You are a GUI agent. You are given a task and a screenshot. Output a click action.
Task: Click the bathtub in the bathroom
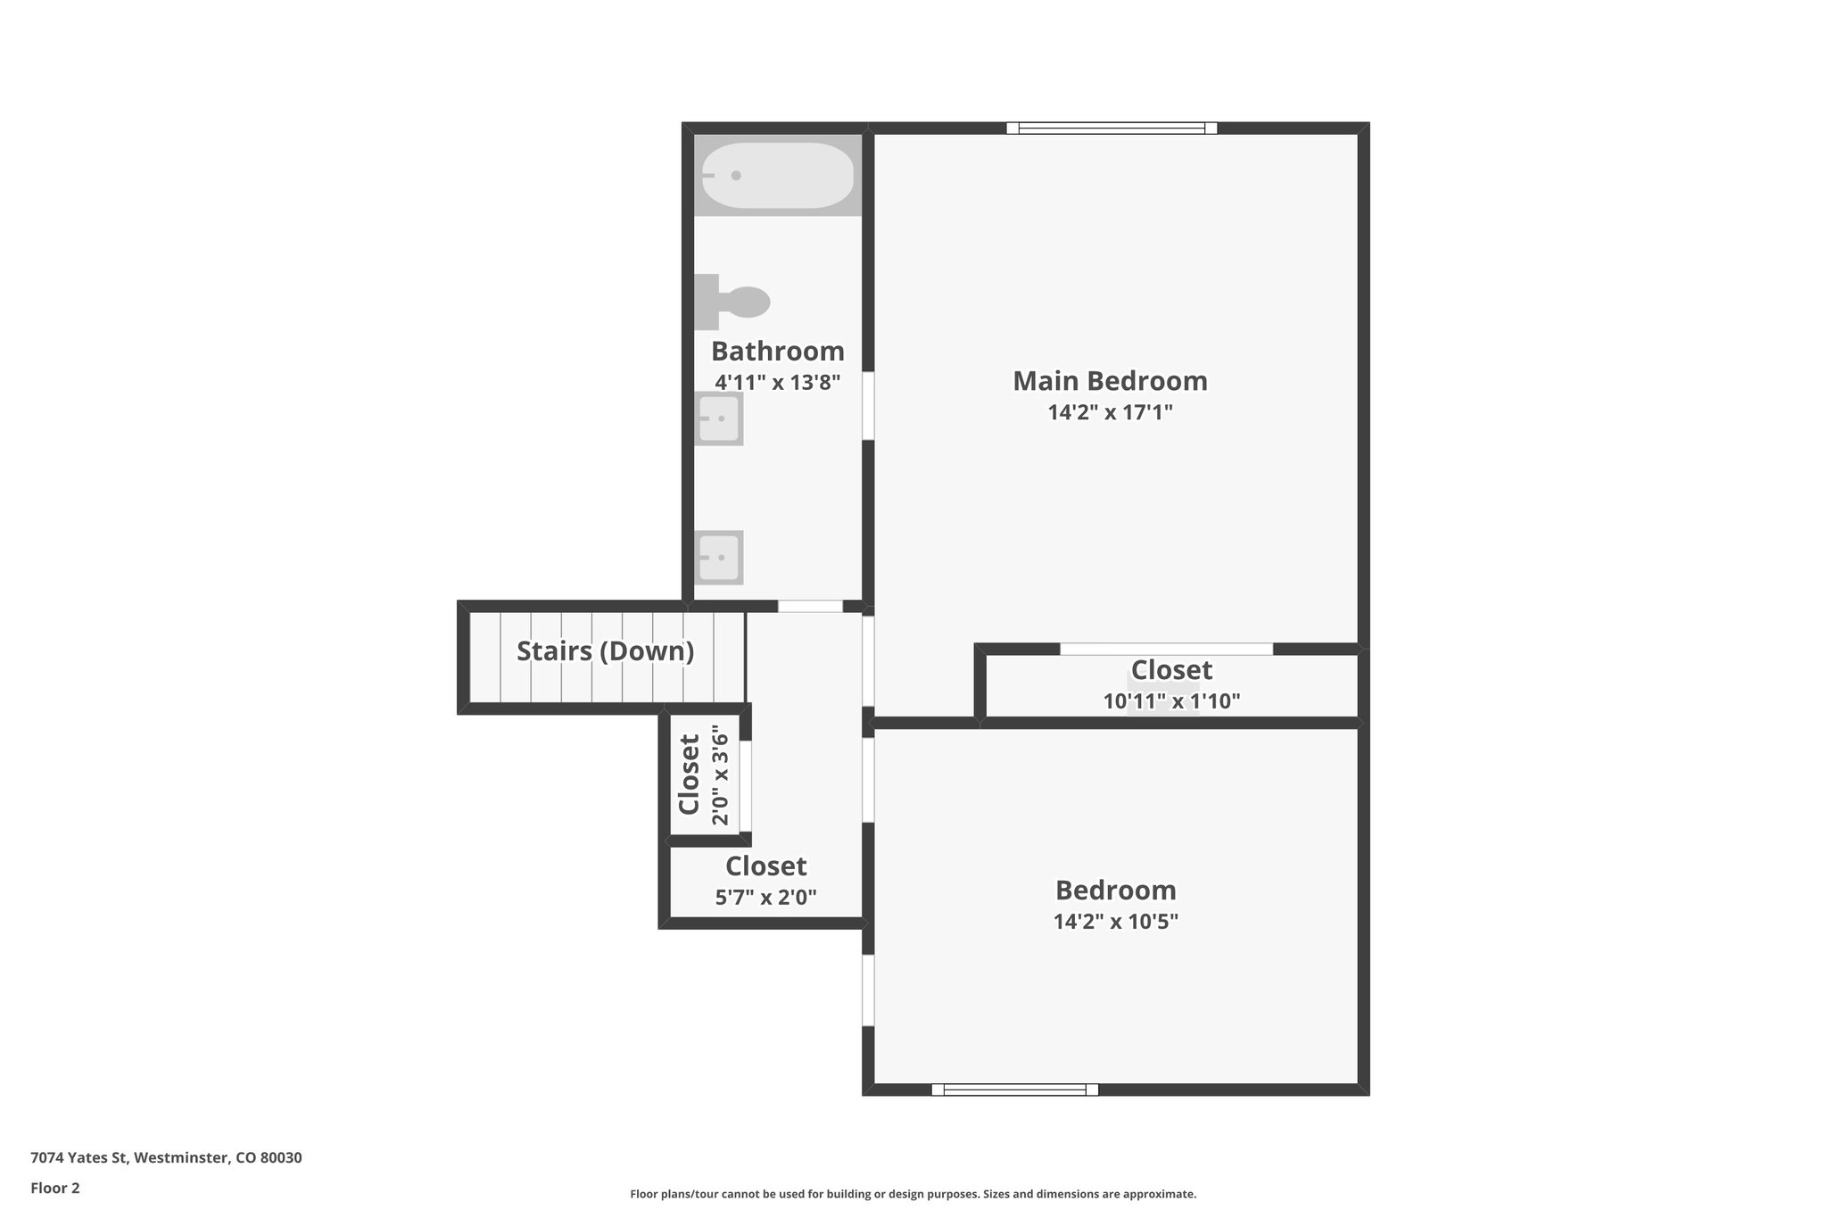click(x=777, y=176)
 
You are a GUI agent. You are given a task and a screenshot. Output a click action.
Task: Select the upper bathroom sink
click(x=719, y=418)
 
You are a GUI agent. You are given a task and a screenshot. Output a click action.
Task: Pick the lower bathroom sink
click(x=719, y=557)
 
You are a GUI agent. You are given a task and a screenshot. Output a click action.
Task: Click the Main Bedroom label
click(x=1110, y=381)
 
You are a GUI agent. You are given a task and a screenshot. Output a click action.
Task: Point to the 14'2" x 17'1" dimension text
click(x=1110, y=412)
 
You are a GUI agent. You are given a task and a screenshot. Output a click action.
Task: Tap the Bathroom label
click(x=777, y=351)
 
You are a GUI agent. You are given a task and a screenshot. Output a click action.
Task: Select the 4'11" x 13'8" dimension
click(x=777, y=383)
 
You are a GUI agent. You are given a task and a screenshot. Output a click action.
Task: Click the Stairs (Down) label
click(x=605, y=651)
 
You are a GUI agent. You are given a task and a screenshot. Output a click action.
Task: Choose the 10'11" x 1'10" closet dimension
click(x=1171, y=701)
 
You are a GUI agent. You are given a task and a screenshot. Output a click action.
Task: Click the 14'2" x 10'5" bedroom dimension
click(x=1115, y=921)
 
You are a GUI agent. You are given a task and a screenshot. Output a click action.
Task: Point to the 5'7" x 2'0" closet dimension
click(x=765, y=897)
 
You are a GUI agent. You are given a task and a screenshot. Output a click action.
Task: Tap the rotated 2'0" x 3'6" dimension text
click(x=720, y=775)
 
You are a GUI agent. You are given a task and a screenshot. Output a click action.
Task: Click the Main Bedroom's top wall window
click(x=1112, y=128)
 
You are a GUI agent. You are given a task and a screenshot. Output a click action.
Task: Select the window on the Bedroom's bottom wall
click(x=1014, y=1089)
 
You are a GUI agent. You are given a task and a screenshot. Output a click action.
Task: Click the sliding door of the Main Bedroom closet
click(x=1166, y=649)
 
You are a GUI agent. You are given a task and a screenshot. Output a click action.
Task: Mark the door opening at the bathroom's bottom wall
click(x=810, y=607)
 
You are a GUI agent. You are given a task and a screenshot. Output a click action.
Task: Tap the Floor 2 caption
click(x=55, y=1188)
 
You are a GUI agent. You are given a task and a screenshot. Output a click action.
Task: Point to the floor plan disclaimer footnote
click(x=913, y=1194)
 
